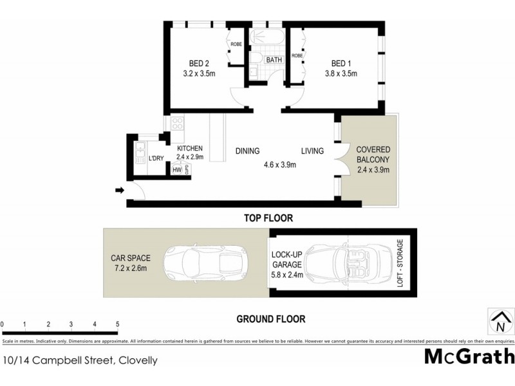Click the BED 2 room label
[x=199, y=63]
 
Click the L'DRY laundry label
[x=155, y=158]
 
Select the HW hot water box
[x=177, y=170]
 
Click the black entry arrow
[x=120, y=190]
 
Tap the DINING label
[x=247, y=152]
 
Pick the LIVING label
[x=314, y=152]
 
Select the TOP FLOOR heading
[x=268, y=219]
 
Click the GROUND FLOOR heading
[x=270, y=318]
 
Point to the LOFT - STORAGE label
[x=400, y=263]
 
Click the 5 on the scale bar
[x=117, y=324]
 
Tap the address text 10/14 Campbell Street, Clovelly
[x=80, y=361]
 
